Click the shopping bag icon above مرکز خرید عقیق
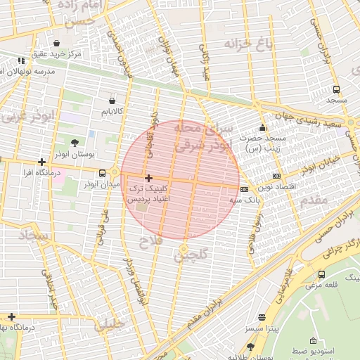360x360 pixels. click(x=56, y=44)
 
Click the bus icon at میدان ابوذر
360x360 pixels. click(x=103, y=173)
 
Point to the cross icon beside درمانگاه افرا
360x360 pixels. click(x=42, y=162)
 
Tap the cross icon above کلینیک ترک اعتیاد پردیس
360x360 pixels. click(x=148, y=179)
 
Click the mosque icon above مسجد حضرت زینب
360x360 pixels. click(x=262, y=128)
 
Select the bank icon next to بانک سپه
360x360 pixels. click(x=244, y=189)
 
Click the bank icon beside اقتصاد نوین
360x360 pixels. click(x=276, y=175)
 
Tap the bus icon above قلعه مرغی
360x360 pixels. click(x=322, y=274)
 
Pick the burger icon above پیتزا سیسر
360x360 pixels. click(x=262, y=317)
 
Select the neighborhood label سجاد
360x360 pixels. click(x=33, y=236)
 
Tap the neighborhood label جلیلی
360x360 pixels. click(x=110, y=325)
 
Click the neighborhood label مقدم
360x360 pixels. click(x=314, y=200)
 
